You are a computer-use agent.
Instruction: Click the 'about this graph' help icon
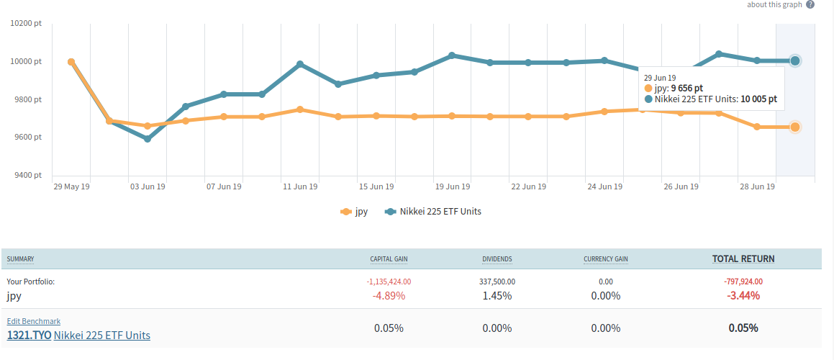[810, 4]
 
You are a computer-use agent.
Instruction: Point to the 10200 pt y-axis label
[27, 24]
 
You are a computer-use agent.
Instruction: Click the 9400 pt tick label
[27, 175]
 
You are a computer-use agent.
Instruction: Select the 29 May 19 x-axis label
[71, 186]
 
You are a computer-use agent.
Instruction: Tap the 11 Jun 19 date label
[300, 186]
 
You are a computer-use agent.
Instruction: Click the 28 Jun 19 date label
[757, 186]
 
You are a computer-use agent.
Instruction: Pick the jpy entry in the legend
[354, 212]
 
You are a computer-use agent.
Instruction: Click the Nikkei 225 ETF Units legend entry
[432, 212]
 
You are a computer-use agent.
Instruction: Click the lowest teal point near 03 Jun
[148, 139]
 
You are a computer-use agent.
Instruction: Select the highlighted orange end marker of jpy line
[795, 127]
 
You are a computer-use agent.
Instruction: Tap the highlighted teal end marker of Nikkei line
[795, 60]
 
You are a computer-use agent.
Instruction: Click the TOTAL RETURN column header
[743, 259]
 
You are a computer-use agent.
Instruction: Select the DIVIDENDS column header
[497, 259]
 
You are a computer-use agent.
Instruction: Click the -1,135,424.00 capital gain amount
[389, 282]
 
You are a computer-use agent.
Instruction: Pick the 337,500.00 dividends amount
[497, 282]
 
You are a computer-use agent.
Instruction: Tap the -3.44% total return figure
[743, 296]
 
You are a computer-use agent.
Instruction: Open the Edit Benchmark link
[34, 321]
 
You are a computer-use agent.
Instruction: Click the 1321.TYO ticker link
[29, 335]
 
